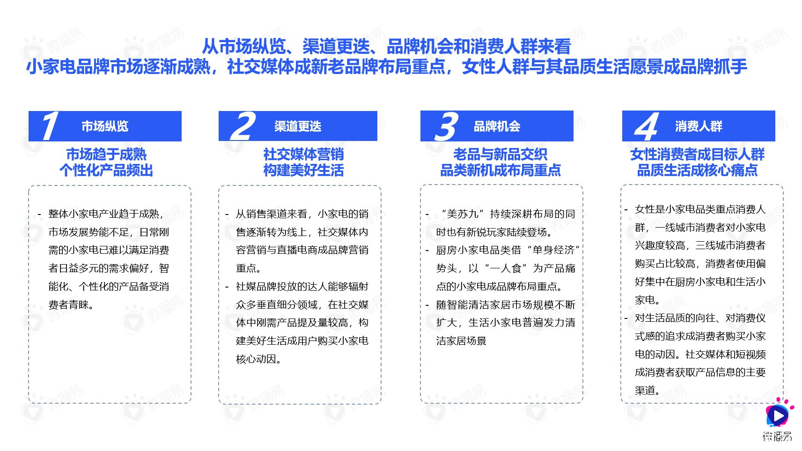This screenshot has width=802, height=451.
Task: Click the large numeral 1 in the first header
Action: coord(49,126)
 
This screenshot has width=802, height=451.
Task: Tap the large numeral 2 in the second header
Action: coord(243,126)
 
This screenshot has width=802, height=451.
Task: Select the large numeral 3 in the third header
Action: coord(446,126)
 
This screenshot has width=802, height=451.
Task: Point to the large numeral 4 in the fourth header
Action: coord(646,126)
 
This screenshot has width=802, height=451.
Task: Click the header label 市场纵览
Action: coord(105,126)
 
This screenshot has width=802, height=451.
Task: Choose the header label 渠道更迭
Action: coord(298,126)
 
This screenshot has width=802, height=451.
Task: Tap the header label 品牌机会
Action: coord(497,126)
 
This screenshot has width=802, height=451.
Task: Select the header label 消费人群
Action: coord(699,126)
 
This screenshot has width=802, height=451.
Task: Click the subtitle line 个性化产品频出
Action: coord(106,170)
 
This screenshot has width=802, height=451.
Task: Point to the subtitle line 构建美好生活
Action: coord(303,170)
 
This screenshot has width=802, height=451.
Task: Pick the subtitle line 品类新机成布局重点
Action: coord(500,170)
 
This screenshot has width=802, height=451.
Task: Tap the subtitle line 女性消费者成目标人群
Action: coord(697,154)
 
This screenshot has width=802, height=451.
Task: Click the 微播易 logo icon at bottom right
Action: coord(777,415)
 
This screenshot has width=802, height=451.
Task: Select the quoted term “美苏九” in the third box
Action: coord(463,214)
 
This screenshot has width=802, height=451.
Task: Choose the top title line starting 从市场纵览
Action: coord(386,46)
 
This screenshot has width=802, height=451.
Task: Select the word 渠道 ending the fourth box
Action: coord(645,391)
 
